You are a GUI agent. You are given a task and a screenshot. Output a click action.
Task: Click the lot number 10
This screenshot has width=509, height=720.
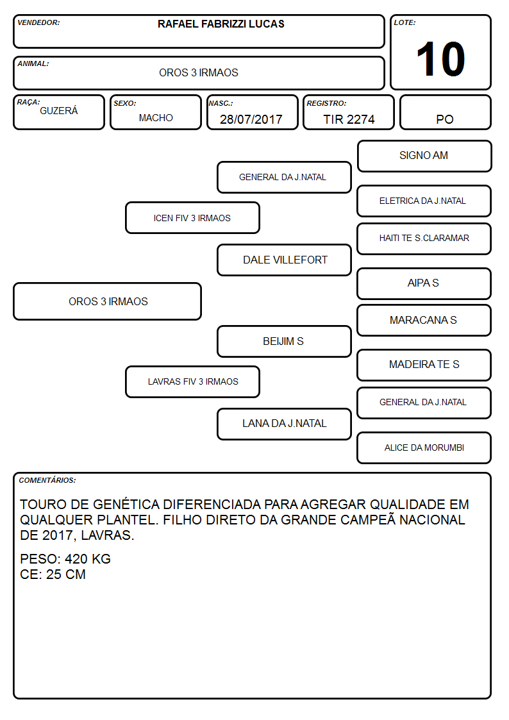[x=440, y=59]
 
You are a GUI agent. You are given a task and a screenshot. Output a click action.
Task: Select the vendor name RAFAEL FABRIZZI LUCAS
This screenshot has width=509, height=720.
[x=221, y=24]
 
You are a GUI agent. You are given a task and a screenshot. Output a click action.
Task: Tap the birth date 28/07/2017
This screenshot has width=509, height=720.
[x=251, y=119]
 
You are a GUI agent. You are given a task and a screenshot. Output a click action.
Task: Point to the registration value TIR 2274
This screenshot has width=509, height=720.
[x=349, y=119]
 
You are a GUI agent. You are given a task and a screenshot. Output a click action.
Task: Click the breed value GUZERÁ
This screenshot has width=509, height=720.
[x=59, y=111]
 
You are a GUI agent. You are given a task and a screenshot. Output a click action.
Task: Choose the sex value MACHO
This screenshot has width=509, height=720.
[x=156, y=118]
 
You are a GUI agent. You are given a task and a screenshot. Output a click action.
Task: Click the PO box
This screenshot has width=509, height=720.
[x=445, y=112]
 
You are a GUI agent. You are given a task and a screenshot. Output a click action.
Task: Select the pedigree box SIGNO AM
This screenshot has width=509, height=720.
[x=424, y=156]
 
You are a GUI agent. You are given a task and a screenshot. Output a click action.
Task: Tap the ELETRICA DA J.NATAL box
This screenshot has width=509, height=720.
[x=424, y=201]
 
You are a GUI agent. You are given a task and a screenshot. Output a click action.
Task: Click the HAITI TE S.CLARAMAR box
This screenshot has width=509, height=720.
[x=424, y=239]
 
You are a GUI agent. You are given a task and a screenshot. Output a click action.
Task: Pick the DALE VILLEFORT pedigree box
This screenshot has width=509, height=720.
[x=285, y=260]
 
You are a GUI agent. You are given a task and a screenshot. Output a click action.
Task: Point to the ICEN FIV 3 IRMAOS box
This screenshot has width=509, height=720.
[x=193, y=217]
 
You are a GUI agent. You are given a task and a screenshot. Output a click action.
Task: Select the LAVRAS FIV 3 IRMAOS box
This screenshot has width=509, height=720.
[x=193, y=381]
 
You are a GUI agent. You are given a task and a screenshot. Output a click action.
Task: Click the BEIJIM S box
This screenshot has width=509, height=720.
[x=285, y=341]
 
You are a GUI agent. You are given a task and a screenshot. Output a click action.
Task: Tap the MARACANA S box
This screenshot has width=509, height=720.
[x=424, y=320]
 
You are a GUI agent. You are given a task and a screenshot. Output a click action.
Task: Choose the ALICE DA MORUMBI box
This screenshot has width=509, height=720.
[x=424, y=448]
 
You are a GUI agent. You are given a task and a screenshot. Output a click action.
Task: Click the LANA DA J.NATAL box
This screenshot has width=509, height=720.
[x=285, y=424]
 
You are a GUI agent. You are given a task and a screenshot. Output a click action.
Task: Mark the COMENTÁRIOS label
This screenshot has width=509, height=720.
[x=47, y=480]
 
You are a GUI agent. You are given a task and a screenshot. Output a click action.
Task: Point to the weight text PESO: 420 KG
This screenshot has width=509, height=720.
[x=65, y=559]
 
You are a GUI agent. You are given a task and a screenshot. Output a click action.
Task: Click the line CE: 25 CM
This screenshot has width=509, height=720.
[x=53, y=574]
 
